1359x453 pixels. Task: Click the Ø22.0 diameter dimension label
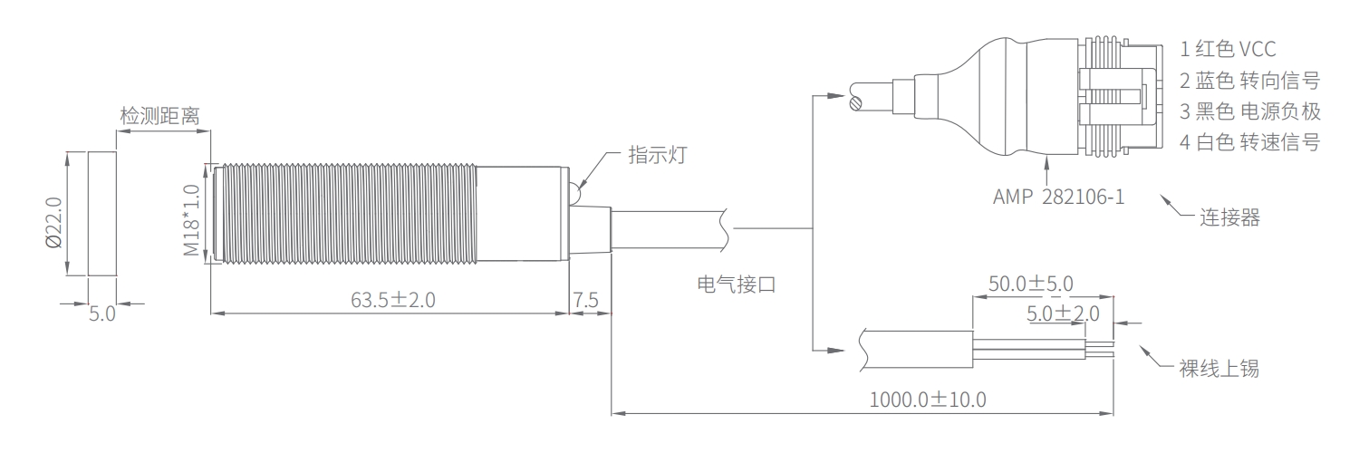tap(54, 223)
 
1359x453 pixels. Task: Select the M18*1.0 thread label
tap(191, 220)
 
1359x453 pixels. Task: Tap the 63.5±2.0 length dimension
tap(393, 300)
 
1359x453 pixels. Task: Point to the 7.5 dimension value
tap(585, 300)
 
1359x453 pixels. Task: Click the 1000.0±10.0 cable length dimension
tap(928, 400)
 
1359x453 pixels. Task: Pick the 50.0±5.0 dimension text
tap(1031, 284)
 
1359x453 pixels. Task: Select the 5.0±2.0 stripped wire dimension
tap(1063, 313)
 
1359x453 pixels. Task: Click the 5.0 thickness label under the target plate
tap(101, 314)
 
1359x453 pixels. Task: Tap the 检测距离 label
tap(159, 115)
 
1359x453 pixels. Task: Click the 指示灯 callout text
tap(658, 155)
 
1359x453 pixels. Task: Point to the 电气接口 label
tap(737, 284)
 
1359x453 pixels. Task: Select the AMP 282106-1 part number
tap(1059, 197)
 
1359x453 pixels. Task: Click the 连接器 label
tap(1229, 217)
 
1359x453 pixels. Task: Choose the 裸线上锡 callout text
tap(1219, 368)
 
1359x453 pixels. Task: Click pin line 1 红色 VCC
tap(1228, 49)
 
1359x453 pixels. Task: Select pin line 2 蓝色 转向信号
tap(1249, 80)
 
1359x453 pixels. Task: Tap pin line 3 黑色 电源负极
tap(1249, 111)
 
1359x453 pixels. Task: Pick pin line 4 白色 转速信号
tap(1249, 142)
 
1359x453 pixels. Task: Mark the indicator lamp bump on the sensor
tap(573, 192)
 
